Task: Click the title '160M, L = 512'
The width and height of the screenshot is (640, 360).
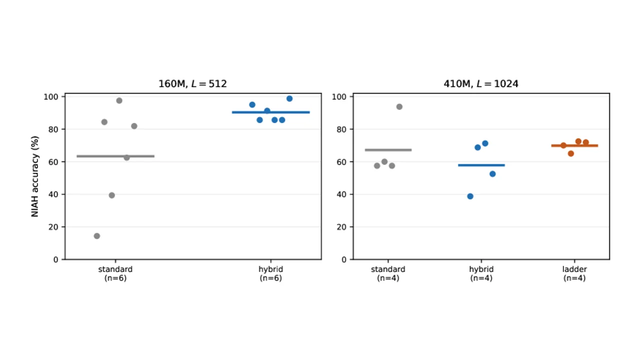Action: pyautogui.click(x=192, y=83)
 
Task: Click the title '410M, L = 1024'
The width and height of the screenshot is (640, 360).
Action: pyautogui.click(x=481, y=83)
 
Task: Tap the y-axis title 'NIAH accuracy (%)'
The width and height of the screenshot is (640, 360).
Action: pyautogui.click(x=35, y=176)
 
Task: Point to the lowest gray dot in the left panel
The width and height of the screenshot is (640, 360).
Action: pyautogui.click(x=97, y=236)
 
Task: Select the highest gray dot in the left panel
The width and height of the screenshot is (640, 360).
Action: pyautogui.click(x=119, y=100)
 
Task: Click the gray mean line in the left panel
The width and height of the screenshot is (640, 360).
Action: pyautogui.click(x=115, y=156)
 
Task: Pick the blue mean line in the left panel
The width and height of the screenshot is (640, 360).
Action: pyautogui.click(x=271, y=112)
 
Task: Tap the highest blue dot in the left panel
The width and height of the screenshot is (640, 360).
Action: pyautogui.click(x=289, y=98)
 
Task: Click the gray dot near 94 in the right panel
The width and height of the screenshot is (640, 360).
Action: pyautogui.click(x=399, y=107)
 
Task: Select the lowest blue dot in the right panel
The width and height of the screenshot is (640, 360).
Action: pyautogui.click(x=470, y=196)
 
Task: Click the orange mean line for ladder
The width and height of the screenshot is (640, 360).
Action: pyautogui.click(x=574, y=145)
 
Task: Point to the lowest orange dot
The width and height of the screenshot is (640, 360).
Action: pyautogui.click(x=571, y=153)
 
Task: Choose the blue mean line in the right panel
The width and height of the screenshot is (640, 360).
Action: pyautogui.click(x=481, y=165)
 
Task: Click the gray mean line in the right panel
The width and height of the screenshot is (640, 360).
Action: pyautogui.click(x=388, y=150)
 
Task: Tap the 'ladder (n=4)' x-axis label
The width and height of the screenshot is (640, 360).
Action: pyautogui.click(x=574, y=273)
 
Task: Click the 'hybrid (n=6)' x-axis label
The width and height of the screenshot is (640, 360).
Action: pyautogui.click(x=271, y=273)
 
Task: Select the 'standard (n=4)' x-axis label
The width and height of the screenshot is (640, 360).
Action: pyautogui.click(x=388, y=273)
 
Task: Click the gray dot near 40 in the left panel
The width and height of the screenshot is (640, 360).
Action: pyautogui.click(x=111, y=195)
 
